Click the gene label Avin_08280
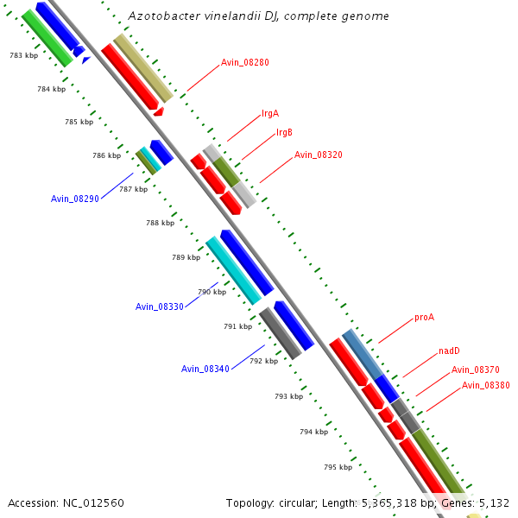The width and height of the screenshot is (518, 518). (x=244, y=62)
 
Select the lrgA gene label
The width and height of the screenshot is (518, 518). (x=270, y=113)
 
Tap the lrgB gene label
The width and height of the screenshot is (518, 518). (x=284, y=132)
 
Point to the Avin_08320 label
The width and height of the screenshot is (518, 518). (x=318, y=155)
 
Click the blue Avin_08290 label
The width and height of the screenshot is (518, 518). (x=75, y=199)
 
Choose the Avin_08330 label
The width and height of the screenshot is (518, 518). (x=160, y=306)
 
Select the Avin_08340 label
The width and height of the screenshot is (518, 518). (x=205, y=369)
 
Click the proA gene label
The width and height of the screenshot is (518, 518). (x=424, y=317)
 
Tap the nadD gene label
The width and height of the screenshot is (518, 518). (x=449, y=350)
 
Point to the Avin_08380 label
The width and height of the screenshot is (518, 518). (x=485, y=385)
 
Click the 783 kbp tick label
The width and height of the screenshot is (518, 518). (x=23, y=55)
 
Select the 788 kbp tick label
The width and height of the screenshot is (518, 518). (x=160, y=223)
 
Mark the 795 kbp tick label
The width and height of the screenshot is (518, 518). (x=338, y=467)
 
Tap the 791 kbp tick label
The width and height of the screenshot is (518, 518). (x=237, y=326)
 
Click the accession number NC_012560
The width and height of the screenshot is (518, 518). (x=93, y=502)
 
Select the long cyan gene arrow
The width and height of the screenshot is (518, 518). (x=233, y=270)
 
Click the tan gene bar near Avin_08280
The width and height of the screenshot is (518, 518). (x=143, y=68)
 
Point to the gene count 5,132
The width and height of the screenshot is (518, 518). (x=492, y=502)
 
